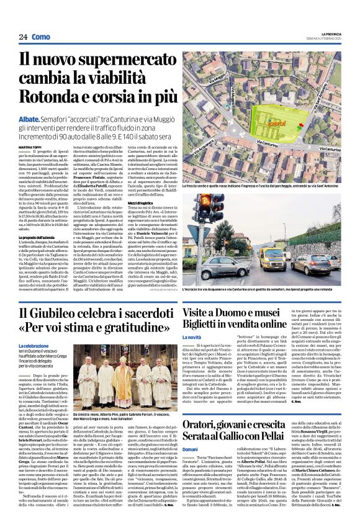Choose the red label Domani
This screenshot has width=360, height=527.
pyautogui.click(x=190, y=449)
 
